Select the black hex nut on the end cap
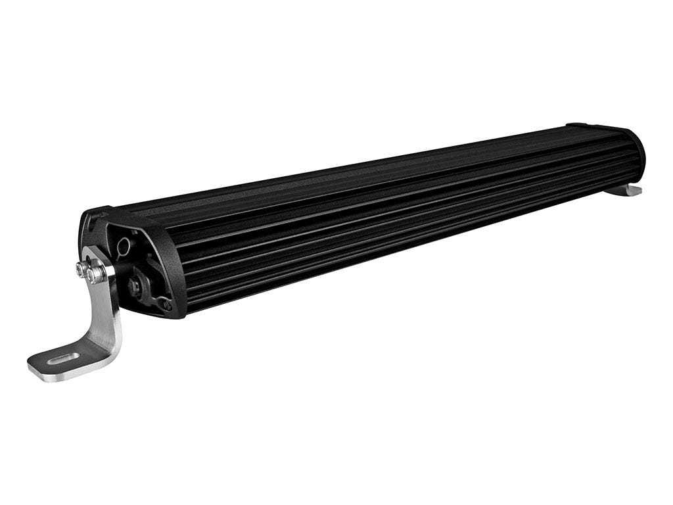(x=137, y=286)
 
